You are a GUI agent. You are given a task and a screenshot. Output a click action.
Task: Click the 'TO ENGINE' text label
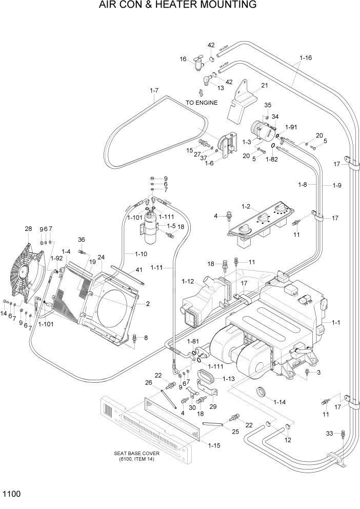202,103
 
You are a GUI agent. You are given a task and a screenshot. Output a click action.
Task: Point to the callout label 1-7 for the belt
154,91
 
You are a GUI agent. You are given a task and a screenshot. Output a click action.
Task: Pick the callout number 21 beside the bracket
265,85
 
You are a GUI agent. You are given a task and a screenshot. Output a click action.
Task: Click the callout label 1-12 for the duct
188,281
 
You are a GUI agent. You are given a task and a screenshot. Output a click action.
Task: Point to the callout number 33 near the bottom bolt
331,434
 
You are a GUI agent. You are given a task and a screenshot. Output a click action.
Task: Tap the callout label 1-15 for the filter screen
214,445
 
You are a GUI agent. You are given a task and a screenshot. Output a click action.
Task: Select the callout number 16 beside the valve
183,59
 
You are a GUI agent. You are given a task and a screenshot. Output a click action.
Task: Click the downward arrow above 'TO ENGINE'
201,92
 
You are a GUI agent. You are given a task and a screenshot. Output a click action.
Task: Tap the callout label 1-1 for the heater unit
336,322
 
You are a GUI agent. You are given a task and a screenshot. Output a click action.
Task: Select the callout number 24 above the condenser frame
101,257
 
